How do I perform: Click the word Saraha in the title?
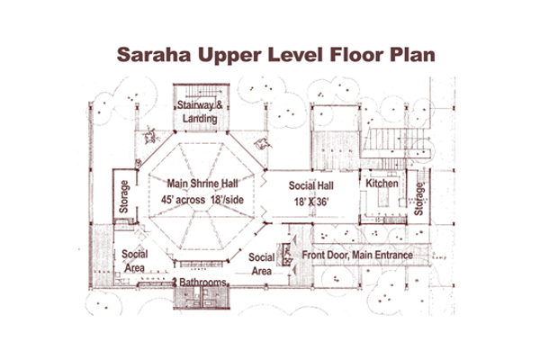click(x=154, y=54)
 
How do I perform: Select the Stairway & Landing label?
click(x=200, y=112)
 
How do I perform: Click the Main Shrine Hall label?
click(x=202, y=184)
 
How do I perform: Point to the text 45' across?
click(x=183, y=200)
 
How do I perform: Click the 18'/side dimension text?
click(x=227, y=200)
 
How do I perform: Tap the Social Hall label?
click(x=311, y=185)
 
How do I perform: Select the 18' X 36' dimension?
click(x=311, y=202)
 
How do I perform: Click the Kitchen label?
click(x=382, y=184)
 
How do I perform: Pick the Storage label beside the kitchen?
click(x=418, y=199)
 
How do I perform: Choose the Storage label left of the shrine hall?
click(x=124, y=197)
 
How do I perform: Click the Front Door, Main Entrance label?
click(x=357, y=255)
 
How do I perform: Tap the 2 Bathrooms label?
click(x=199, y=282)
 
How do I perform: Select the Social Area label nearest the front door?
click(x=261, y=264)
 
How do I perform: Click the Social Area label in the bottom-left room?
click(x=135, y=261)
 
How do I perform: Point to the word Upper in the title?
click(x=229, y=55)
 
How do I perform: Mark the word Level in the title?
click(x=295, y=54)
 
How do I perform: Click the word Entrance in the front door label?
click(x=393, y=255)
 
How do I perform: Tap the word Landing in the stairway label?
click(x=200, y=119)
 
